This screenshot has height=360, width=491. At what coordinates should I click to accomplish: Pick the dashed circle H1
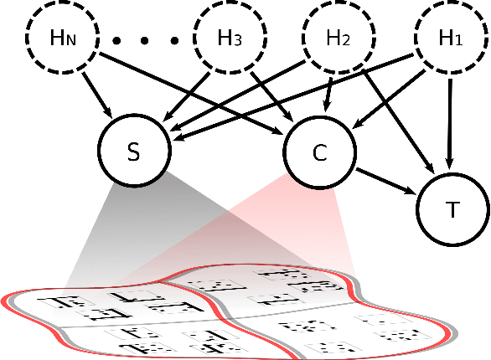click(x=452, y=38)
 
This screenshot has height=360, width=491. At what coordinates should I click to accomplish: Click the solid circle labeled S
click(x=134, y=151)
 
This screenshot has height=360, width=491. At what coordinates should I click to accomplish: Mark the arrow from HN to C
click(x=193, y=92)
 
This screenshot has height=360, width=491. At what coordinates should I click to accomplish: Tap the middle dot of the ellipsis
click(x=146, y=39)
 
